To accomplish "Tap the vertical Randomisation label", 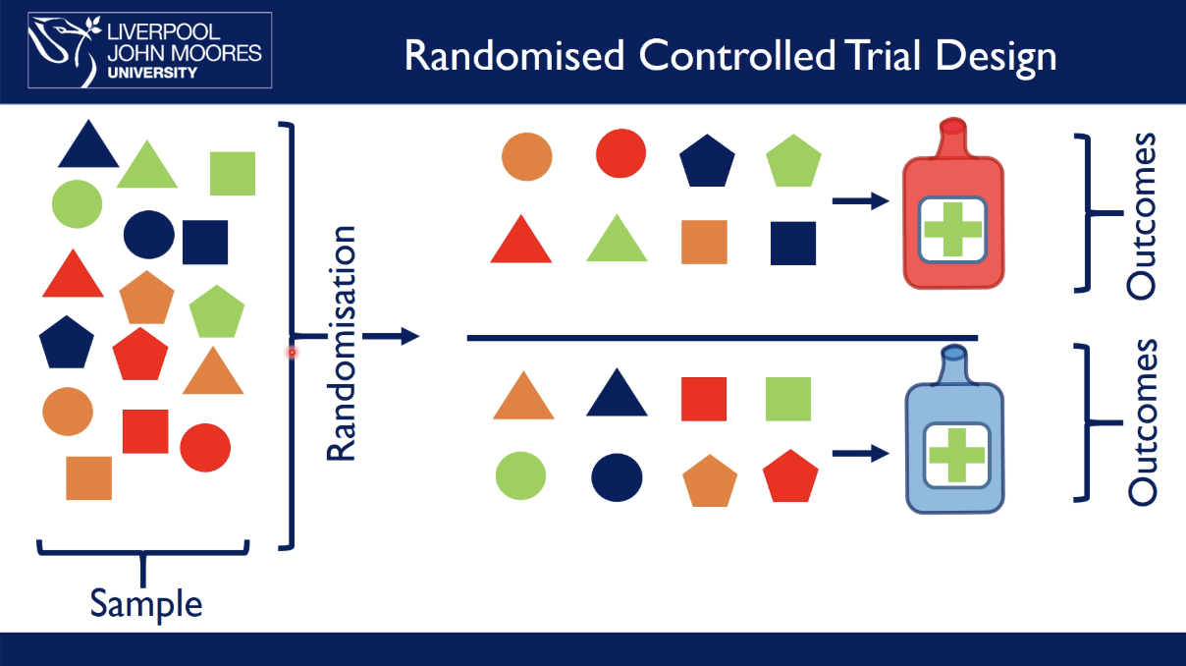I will tap(340, 344).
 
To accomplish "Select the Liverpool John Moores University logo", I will tap(149, 50).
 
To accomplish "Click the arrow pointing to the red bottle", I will tap(860, 201).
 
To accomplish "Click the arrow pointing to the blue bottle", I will tap(860, 454).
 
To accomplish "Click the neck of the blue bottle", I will tap(953, 365).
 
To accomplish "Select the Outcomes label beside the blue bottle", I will tap(1142, 422).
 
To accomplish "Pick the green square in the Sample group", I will tap(233, 173).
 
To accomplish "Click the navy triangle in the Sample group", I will tap(88, 145).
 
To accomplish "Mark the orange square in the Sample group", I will tap(88, 477).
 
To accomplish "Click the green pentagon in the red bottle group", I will tap(793, 162).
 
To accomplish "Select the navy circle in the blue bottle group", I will tap(617, 477).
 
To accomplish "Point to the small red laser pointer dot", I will tap(292, 352).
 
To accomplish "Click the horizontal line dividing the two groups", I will tap(722, 338).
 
